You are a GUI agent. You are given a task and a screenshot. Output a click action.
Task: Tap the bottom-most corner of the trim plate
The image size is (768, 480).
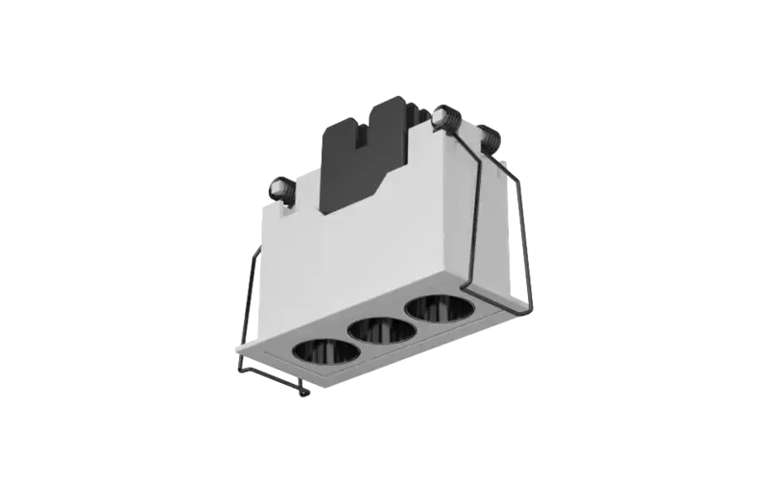pyautogui.click(x=305, y=395)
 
